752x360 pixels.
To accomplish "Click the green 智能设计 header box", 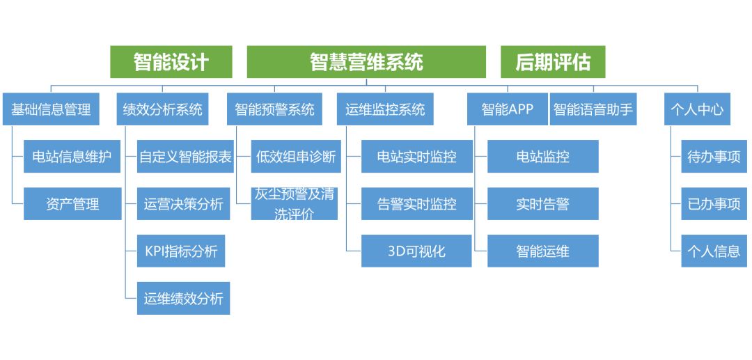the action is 171,62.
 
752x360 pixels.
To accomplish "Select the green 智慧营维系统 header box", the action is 366,62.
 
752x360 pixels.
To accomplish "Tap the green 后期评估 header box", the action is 553,62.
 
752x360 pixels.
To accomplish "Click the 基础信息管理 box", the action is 51,109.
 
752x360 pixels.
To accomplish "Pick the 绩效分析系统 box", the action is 162,109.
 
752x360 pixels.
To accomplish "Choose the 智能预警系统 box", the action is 275,109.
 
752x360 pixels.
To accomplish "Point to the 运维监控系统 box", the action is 385,109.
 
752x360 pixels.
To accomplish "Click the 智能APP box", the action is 508,109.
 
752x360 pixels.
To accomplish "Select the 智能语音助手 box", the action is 593,109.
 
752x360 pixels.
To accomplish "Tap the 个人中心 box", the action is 697,109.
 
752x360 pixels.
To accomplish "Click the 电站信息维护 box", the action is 72,156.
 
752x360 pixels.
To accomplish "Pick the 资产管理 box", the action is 72,204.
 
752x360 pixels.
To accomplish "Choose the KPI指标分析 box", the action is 181,251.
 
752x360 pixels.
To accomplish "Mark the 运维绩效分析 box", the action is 183,298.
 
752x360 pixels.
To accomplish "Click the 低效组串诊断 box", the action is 296,156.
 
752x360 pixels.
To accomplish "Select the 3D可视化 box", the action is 416,251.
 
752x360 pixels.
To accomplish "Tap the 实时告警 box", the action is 543,204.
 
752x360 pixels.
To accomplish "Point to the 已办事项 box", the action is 714,204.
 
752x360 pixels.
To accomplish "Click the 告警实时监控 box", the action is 417,204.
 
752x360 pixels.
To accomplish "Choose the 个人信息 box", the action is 714,251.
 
